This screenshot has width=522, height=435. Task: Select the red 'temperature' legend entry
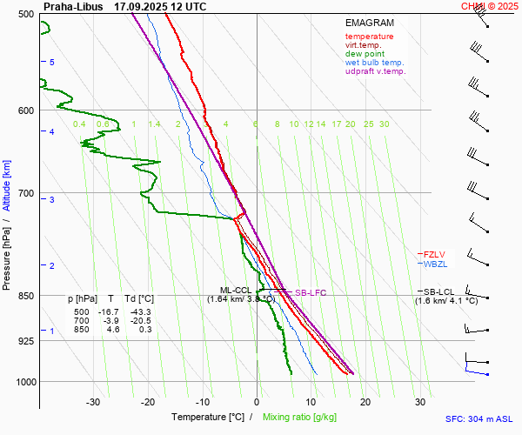tap(369, 37)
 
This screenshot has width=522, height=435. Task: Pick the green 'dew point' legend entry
tap(365, 54)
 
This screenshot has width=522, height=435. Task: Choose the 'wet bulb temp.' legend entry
tap(374, 63)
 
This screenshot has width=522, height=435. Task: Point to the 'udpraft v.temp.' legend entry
tap(375, 71)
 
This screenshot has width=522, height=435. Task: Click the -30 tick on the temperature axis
tap(93, 402)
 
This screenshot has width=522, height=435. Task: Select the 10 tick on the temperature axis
tap(311, 402)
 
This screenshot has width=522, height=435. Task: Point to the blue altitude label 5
tap(52, 63)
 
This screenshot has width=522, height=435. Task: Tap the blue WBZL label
tap(434, 264)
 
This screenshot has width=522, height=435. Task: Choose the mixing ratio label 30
tap(384, 124)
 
